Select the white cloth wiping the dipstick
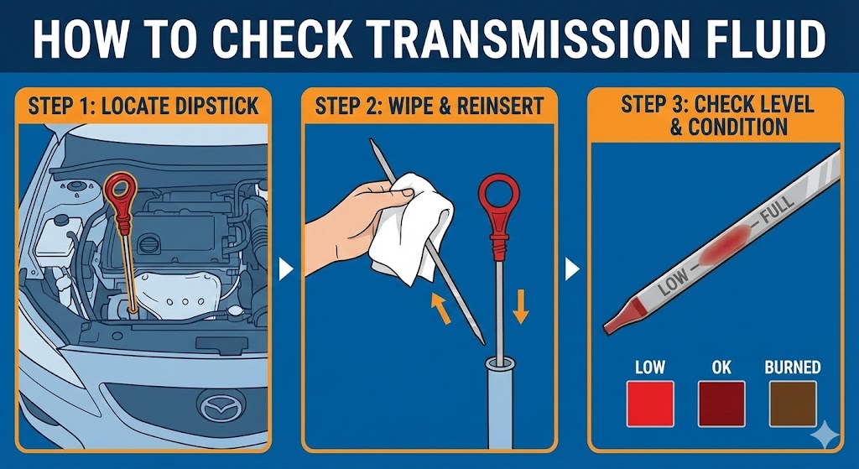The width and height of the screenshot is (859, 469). (411, 227)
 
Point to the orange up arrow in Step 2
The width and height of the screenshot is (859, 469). (440, 307)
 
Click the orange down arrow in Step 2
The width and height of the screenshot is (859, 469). (520, 306)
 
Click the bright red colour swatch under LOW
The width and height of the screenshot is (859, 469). (650, 404)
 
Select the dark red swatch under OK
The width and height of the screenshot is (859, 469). (721, 404)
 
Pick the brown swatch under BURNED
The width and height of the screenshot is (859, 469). (792, 404)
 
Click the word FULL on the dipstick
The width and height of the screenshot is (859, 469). (775, 210)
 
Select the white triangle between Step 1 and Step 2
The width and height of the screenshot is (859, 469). (285, 269)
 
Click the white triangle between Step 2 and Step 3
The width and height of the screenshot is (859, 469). (571, 269)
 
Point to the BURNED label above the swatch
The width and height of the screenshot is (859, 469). (793, 367)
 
